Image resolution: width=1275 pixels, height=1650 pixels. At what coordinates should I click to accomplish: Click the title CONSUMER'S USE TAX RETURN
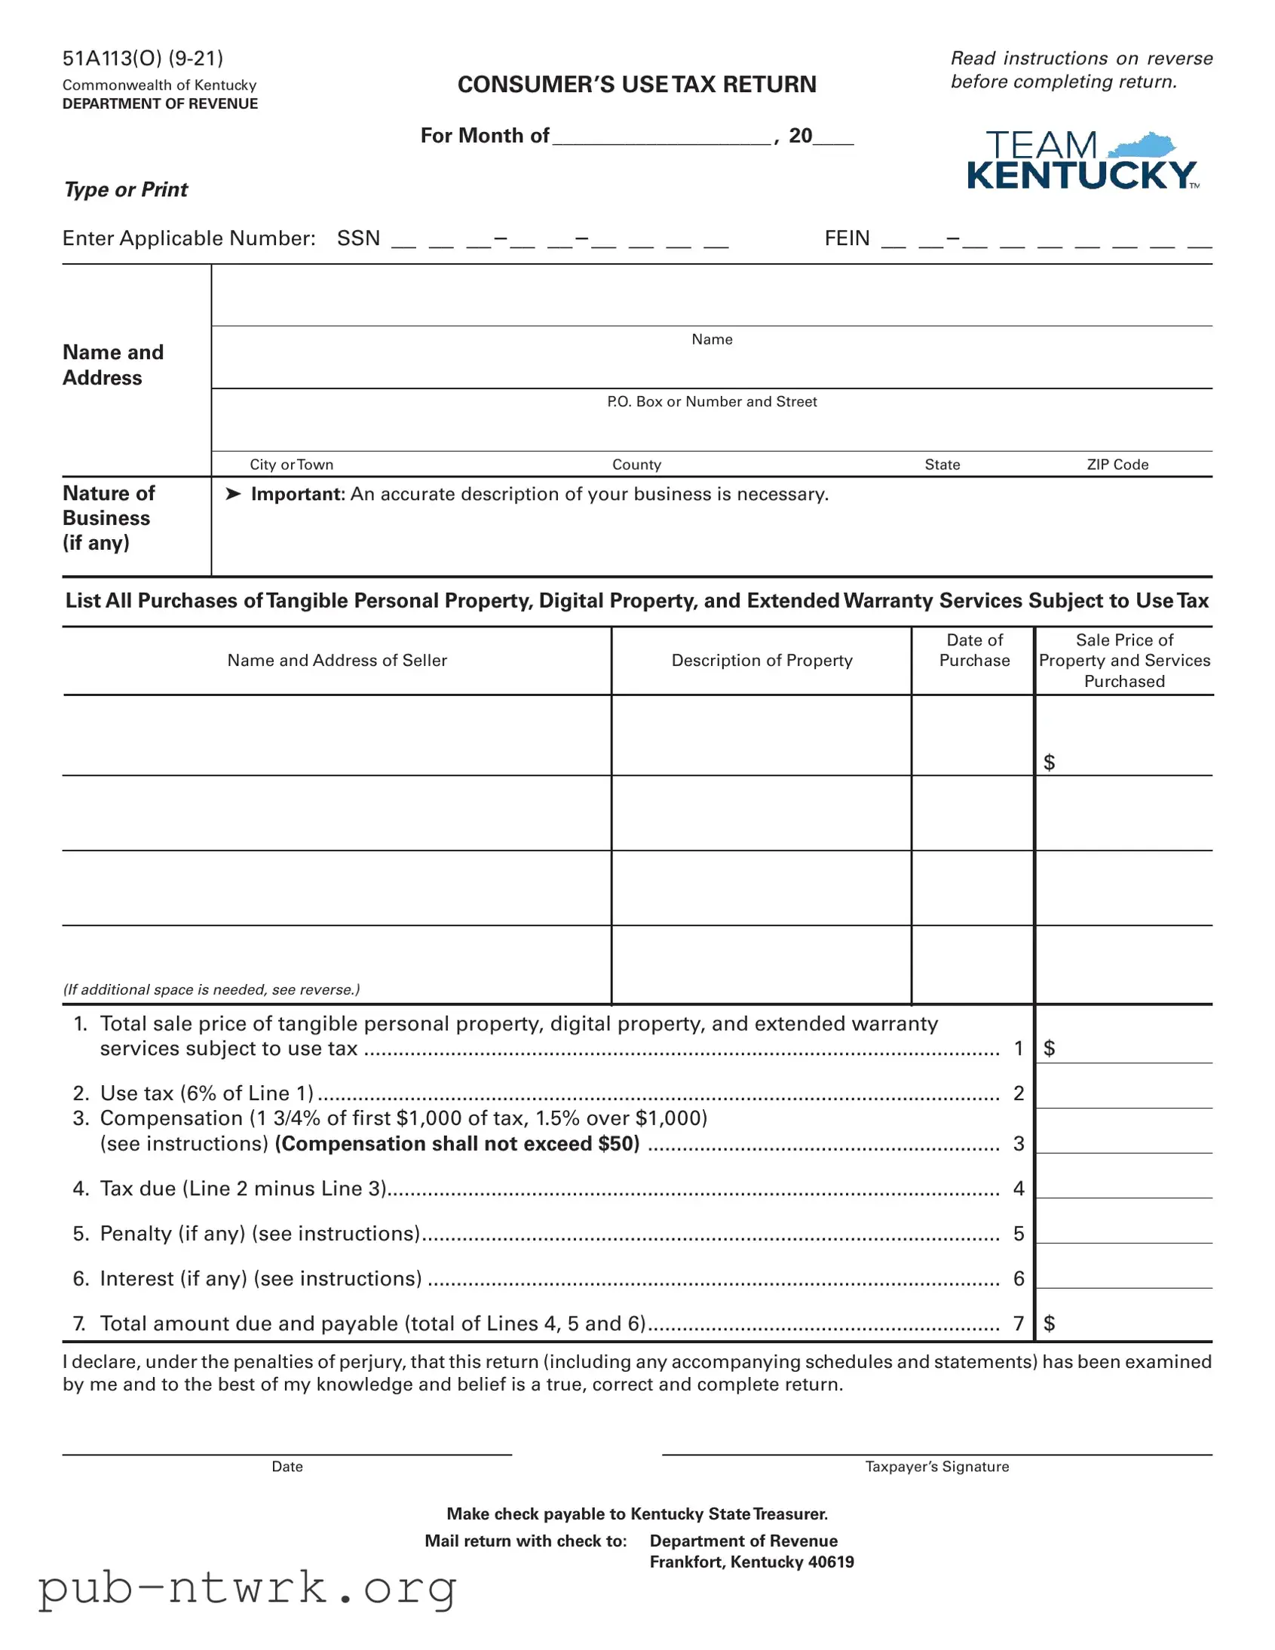[x=636, y=84]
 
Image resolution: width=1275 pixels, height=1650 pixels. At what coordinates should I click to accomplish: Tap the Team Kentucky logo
[x=1082, y=161]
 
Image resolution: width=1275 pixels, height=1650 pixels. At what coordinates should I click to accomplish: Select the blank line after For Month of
[x=662, y=137]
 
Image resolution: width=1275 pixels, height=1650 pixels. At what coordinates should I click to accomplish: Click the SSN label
[x=358, y=239]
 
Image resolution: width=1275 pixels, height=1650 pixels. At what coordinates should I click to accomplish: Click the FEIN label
[x=847, y=239]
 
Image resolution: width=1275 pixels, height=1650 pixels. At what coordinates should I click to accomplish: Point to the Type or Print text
[x=126, y=189]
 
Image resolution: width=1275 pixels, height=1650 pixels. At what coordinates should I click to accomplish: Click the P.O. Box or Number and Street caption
[x=712, y=402]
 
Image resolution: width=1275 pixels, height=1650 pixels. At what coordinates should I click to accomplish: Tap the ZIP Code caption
[x=1117, y=465]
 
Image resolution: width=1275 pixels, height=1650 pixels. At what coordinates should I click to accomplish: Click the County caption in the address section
[x=636, y=465]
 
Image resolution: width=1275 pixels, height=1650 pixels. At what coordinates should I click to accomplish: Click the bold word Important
[x=298, y=494]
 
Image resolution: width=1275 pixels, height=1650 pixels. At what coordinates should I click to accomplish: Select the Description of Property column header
[x=762, y=661]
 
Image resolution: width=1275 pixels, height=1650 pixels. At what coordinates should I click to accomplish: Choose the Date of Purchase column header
[x=973, y=651]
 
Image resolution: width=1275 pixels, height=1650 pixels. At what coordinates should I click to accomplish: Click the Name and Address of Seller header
[x=337, y=661]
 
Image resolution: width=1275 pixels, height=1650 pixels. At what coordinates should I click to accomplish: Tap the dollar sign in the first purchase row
[x=1048, y=762]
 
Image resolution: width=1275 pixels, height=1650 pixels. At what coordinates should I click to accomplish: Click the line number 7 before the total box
[x=1018, y=1323]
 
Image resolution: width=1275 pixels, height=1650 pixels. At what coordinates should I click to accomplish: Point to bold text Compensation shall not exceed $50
[x=457, y=1144]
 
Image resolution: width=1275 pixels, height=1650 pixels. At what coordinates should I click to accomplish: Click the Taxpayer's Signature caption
[x=936, y=1467]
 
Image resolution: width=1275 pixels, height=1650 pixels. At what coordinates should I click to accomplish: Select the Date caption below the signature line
[x=287, y=1467]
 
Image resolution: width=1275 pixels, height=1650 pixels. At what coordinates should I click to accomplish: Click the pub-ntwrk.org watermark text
[x=247, y=1588]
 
